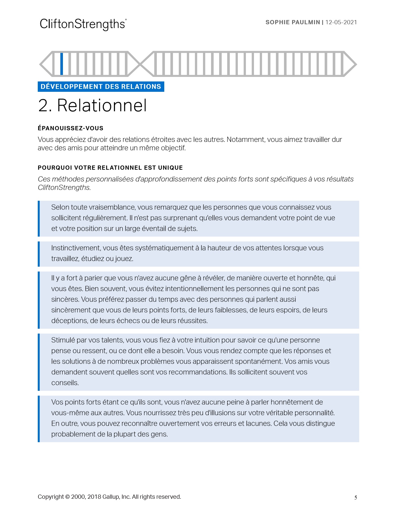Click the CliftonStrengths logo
pos(83,24)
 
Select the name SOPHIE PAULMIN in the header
pos(292,22)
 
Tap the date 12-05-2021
pos(341,22)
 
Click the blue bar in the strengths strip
pos(62,64)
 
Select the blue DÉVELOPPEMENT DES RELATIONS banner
pos(101,87)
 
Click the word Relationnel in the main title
pos(102,105)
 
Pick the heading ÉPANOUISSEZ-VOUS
pos(70,128)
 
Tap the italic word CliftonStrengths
pos(64,187)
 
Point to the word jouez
pos(124,259)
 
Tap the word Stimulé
pos(63,340)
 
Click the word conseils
pos(65,383)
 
